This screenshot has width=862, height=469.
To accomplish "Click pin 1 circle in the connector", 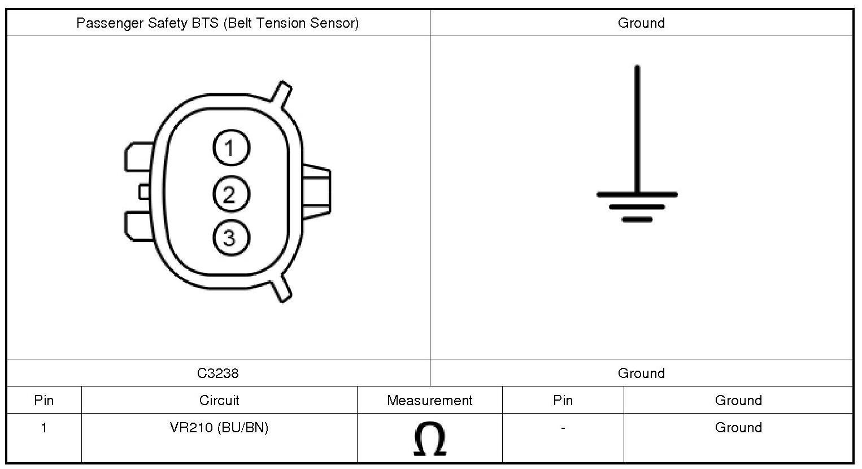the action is point(231,148).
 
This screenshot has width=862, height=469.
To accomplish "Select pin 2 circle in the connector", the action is point(231,194).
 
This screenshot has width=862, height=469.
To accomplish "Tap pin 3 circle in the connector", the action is point(231,237).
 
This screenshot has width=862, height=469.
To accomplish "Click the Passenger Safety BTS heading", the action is point(217,23).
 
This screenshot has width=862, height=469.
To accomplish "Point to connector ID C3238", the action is point(218,373).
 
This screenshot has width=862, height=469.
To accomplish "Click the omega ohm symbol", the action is point(430,439).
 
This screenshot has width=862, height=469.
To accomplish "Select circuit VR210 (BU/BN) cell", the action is point(219,427).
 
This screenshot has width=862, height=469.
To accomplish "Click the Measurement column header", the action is point(429,401).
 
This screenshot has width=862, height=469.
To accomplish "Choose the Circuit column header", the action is point(219,401).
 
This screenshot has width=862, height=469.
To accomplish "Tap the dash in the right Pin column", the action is point(563,428).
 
